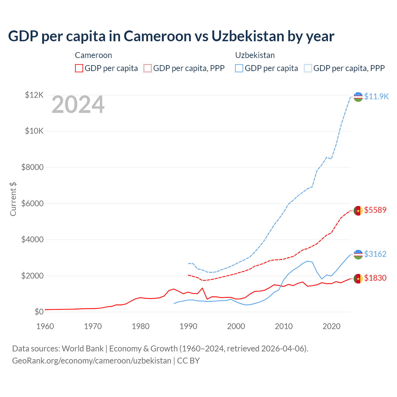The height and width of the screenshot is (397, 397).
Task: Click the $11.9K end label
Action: [376, 96]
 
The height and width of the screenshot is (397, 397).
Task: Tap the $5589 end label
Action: [375, 210]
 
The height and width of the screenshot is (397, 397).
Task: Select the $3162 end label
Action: [375, 254]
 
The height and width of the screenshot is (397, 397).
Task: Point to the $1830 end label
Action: [375, 278]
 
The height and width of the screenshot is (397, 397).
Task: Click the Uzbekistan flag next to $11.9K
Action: [358, 97]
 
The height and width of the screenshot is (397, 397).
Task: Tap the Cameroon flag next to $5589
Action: [358, 211]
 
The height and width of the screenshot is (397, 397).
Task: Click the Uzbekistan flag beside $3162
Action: [358, 255]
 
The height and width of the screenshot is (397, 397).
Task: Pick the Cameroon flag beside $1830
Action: [358, 279]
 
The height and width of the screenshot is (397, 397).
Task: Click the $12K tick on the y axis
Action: [34, 95]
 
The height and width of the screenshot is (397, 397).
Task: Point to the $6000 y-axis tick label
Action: [32, 203]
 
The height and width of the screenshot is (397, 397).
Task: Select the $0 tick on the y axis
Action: [39, 312]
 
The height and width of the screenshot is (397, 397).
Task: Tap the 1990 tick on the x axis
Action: [188, 326]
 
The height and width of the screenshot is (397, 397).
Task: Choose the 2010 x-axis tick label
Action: [284, 326]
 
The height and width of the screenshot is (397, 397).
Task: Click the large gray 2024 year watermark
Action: [78, 105]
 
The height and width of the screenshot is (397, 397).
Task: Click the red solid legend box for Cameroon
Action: [79, 68]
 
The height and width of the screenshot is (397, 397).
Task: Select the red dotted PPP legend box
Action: [148, 68]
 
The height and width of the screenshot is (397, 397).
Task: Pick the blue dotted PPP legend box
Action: [308, 68]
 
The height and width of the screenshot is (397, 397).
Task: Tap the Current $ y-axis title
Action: [13, 199]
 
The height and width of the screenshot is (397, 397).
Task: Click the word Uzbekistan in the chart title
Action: [248, 36]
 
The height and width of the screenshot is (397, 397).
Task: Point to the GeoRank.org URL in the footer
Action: [91, 361]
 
